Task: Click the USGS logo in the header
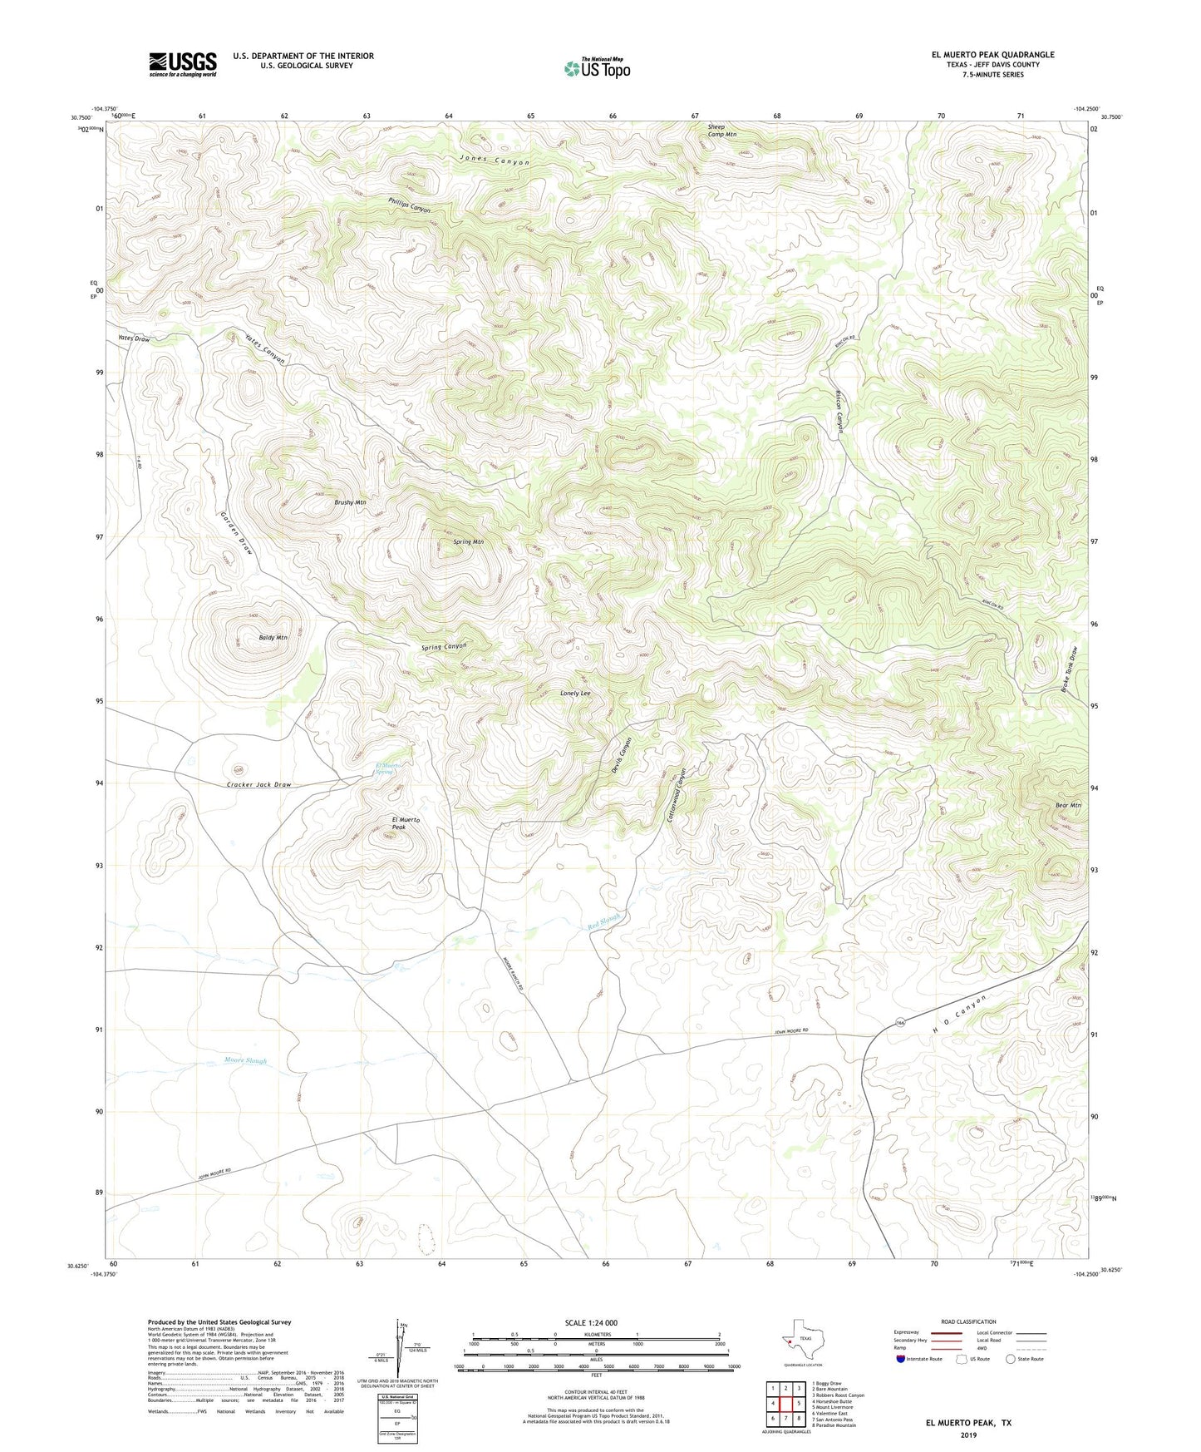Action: tap(183, 64)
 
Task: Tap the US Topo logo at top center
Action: tap(597, 68)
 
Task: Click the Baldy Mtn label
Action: tap(273, 638)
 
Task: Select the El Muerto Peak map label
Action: tap(406, 823)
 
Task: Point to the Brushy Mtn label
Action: tap(350, 502)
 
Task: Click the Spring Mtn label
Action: tap(468, 541)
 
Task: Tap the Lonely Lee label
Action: tap(575, 693)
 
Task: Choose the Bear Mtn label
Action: tap(1068, 805)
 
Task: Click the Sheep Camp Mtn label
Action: tap(721, 131)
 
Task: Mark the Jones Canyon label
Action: tap(495, 160)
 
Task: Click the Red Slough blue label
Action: tap(604, 921)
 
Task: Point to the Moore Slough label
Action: tap(246, 1060)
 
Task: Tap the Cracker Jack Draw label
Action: tap(259, 784)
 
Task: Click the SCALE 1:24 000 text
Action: tap(591, 1322)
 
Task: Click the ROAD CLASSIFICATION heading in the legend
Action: tap(968, 1321)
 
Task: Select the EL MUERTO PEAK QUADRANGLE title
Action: tap(992, 55)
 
